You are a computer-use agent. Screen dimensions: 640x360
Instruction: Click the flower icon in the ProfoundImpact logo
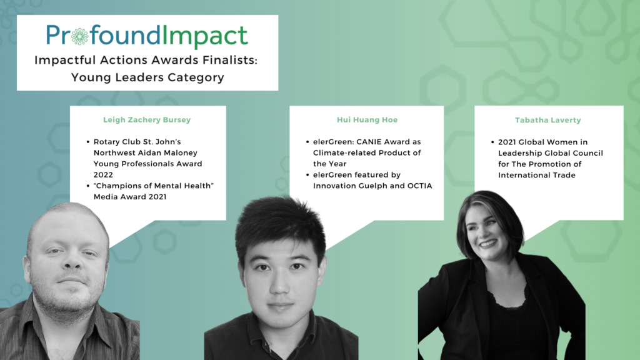pyautogui.click(x=79, y=36)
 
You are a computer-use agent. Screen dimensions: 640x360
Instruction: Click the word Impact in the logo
pyautogui.click(x=205, y=37)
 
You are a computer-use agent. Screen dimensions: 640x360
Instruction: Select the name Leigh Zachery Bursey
pyautogui.click(x=147, y=119)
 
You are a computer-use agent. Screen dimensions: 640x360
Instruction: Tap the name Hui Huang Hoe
pyautogui.click(x=367, y=119)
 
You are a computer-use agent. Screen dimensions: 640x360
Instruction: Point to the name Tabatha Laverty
pyautogui.click(x=547, y=120)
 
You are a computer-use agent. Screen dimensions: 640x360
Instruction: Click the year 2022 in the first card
pyautogui.click(x=103, y=175)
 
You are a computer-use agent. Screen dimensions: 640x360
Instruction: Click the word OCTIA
pyautogui.click(x=419, y=186)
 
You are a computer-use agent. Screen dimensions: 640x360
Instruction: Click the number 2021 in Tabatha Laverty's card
pyautogui.click(x=507, y=142)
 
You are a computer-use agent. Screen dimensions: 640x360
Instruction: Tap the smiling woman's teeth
pyautogui.click(x=487, y=244)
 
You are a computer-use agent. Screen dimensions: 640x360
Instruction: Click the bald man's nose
pyautogui.click(x=72, y=262)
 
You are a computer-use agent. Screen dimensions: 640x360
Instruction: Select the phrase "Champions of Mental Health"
pyautogui.click(x=154, y=186)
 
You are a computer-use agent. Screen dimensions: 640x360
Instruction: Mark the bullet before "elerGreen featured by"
pyautogui.click(x=307, y=175)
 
